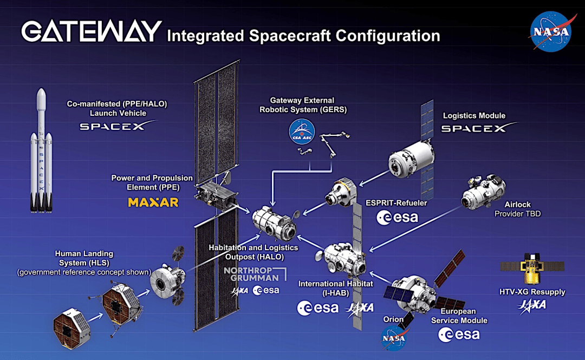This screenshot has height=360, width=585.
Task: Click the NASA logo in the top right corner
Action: (551, 31)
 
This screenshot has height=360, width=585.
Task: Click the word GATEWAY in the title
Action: (92, 32)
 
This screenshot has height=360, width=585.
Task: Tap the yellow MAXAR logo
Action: (153, 202)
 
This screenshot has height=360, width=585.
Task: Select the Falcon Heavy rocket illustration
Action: (41, 150)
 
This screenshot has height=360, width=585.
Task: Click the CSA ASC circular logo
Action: (302, 132)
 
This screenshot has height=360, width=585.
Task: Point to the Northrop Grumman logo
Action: (255, 274)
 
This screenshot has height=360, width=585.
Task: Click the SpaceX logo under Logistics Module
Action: (479, 128)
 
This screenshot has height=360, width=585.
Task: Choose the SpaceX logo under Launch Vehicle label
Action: (118, 126)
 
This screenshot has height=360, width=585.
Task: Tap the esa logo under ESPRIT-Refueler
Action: (398, 218)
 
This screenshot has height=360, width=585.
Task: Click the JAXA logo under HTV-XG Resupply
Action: (532, 306)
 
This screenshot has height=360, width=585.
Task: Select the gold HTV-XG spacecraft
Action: (532, 267)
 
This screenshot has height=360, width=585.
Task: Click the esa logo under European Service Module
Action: (459, 335)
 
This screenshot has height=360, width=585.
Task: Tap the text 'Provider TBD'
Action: (517, 214)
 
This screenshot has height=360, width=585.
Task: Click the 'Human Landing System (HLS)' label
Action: (84, 258)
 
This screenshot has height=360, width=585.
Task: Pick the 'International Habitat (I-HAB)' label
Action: (335, 289)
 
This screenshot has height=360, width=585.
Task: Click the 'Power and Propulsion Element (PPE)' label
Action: (152, 182)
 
